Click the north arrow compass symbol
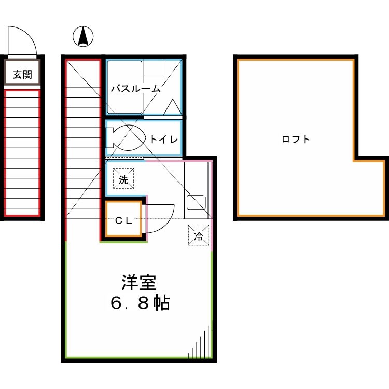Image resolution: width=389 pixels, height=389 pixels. [x=83, y=36]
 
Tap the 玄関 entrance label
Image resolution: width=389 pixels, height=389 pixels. [x=22, y=75]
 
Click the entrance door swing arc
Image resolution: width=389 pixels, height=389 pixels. [x=23, y=40]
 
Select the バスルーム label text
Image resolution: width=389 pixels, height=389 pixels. [x=135, y=89]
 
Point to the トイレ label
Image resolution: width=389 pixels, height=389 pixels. [x=164, y=139]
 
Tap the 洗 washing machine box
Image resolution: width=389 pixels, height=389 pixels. [x=123, y=179]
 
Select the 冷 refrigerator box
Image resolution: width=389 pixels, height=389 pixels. [x=199, y=234]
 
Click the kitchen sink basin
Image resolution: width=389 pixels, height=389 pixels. [x=196, y=203]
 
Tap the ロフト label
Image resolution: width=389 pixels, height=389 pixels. [x=296, y=139]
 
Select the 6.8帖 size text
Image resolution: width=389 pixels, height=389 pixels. [x=140, y=303]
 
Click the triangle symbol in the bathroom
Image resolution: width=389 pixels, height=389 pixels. [x=172, y=108]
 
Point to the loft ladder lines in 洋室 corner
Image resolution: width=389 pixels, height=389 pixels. [x=202, y=345]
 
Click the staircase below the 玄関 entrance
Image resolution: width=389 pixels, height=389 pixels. [x=22, y=153]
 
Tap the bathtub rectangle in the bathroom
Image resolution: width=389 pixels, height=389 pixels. [x=124, y=87]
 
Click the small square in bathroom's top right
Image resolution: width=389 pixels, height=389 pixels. [x=154, y=68]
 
